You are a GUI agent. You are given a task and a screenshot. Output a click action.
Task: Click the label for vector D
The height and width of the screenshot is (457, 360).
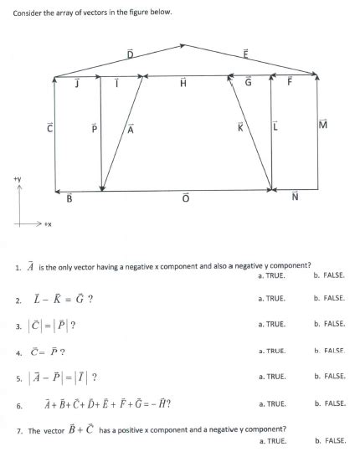130,54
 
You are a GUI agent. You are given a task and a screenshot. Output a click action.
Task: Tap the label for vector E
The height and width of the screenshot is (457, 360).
245,54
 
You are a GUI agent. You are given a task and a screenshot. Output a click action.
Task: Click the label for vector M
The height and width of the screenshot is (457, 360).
323,126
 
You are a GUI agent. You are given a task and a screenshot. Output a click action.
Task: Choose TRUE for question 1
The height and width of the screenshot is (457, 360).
273,275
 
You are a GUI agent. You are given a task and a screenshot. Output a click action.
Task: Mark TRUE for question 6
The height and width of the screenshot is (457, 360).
273,403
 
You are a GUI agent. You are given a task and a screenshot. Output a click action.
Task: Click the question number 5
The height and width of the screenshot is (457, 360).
17,377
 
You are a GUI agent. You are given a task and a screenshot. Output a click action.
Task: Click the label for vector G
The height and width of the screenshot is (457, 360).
248,82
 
